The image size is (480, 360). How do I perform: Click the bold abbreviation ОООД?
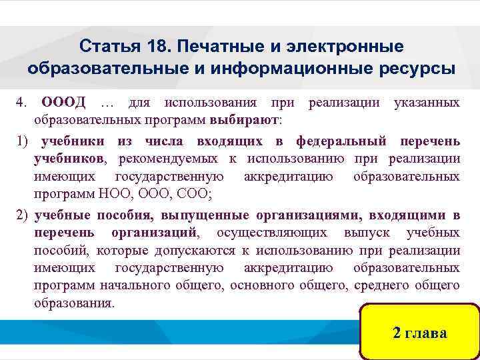point(64,103)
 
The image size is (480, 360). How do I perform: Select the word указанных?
point(426,103)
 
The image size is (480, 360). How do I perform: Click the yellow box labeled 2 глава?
point(419,333)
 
